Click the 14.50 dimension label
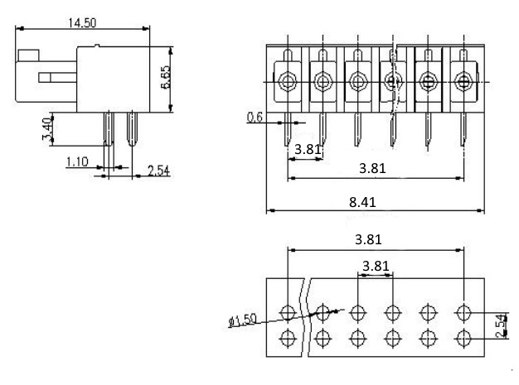click(x=82, y=23)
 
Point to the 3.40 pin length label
click(x=47, y=128)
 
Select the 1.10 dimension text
click(x=77, y=162)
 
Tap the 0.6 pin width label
click(x=255, y=118)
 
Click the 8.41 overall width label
click(x=362, y=202)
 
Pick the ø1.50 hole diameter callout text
click(x=243, y=320)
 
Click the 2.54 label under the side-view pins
click(x=158, y=171)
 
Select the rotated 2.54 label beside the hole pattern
click(x=502, y=325)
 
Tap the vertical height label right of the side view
click(x=166, y=77)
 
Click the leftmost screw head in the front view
click(x=288, y=81)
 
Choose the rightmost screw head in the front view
click(x=463, y=81)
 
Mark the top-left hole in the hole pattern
click(x=288, y=312)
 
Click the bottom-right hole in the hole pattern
click(x=463, y=339)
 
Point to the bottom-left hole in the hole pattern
click(x=288, y=339)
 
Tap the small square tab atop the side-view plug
click(x=28, y=55)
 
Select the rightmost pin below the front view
click(x=463, y=129)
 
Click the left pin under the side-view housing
click(x=109, y=129)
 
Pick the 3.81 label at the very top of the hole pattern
click(x=368, y=239)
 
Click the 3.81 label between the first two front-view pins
click(x=308, y=149)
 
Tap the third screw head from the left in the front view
click(x=358, y=81)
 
